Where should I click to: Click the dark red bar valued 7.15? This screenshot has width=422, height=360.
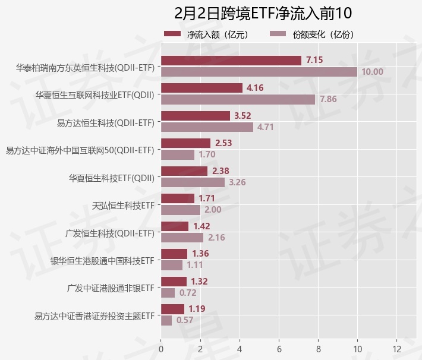[x=231, y=61]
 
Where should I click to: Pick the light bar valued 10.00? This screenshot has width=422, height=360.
[x=259, y=72]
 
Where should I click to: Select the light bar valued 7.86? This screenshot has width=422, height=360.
[x=238, y=99]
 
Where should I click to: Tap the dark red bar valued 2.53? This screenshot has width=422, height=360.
[x=185, y=143]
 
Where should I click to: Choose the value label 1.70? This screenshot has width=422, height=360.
[x=207, y=154]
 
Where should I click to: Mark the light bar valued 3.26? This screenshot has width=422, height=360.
[x=193, y=182]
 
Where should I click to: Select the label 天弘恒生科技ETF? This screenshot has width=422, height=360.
[x=124, y=206]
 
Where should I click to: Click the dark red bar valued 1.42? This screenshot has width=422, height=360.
[x=175, y=226]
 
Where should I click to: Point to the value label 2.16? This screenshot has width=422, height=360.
[x=216, y=238]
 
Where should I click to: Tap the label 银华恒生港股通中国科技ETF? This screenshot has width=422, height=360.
[x=102, y=261]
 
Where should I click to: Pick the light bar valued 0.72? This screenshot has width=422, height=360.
[x=168, y=293]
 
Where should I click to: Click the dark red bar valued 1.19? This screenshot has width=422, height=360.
[x=172, y=309]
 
